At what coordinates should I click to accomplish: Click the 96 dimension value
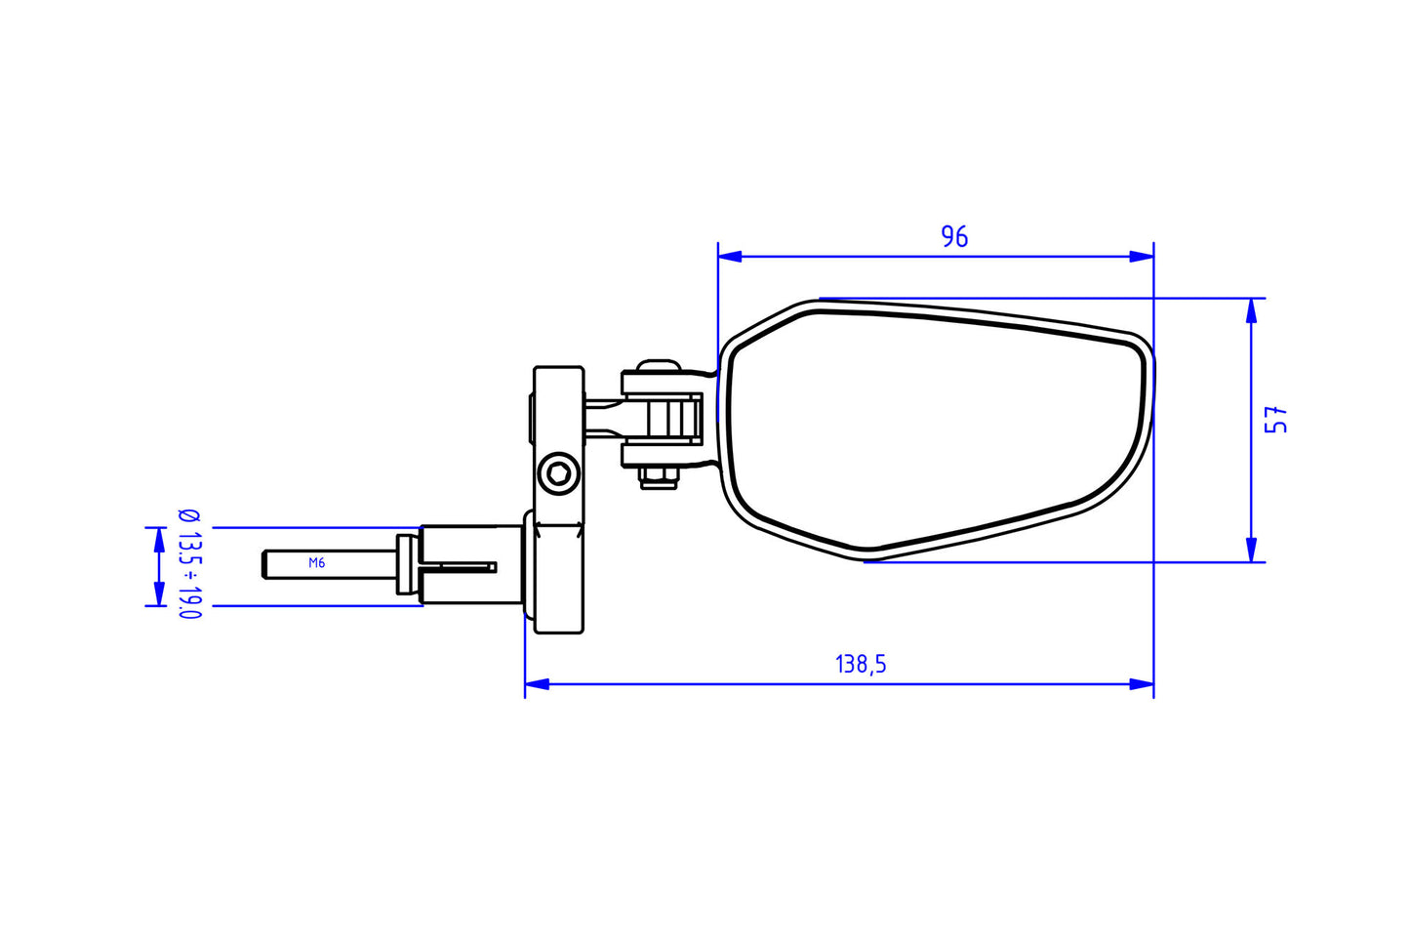(x=954, y=236)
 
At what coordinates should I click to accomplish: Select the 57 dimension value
(x=1276, y=421)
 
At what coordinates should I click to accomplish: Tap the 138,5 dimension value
(x=861, y=665)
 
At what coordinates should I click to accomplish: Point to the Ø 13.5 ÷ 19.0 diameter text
(x=189, y=564)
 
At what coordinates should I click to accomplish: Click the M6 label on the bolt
(x=316, y=563)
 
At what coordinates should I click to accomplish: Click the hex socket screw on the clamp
(x=559, y=474)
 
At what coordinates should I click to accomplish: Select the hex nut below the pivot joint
(x=659, y=477)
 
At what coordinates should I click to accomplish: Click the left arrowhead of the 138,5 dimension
(x=537, y=684)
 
